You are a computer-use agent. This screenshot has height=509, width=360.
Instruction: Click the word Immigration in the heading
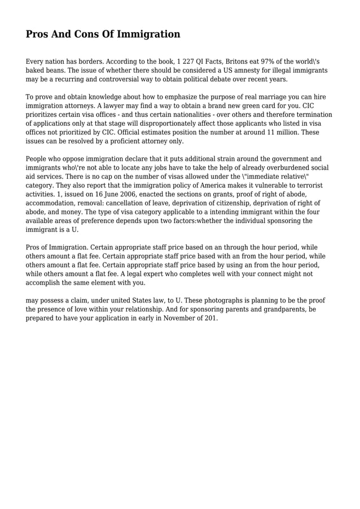[x=148, y=34]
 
